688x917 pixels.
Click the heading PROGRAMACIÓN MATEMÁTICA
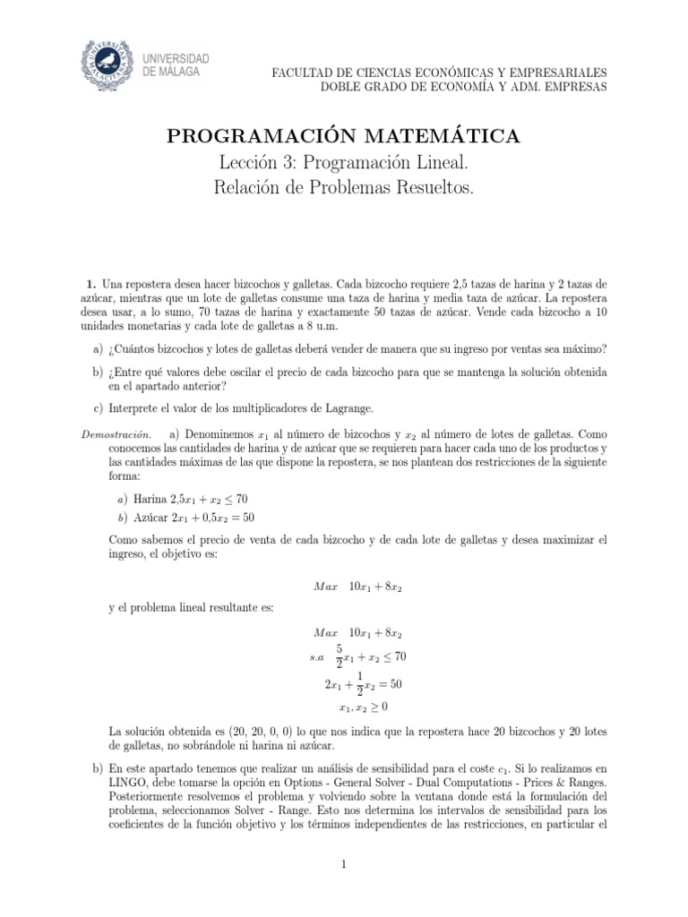[x=343, y=136]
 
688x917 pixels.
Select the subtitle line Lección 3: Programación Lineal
[x=343, y=162]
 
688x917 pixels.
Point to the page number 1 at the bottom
[x=343, y=863]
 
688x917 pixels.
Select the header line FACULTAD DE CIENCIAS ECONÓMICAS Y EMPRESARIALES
[x=438, y=72]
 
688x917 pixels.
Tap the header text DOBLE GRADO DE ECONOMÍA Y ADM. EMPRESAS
[x=463, y=86]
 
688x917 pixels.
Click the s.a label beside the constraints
[x=316, y=658]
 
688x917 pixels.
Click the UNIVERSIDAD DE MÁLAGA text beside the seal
[x=176, y=64]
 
